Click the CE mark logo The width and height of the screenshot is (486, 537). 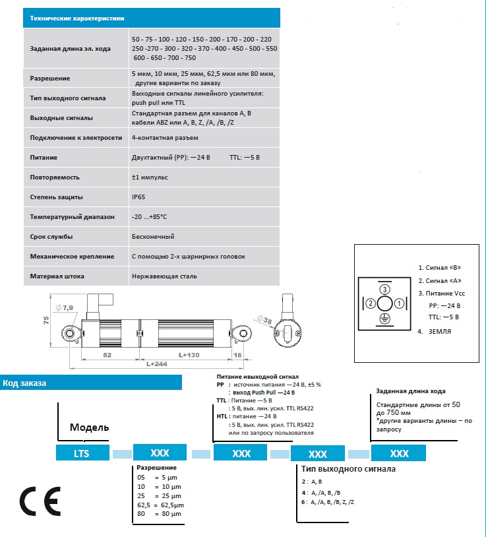tap(40, 501)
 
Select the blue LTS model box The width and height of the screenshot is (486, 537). tap(81, 454)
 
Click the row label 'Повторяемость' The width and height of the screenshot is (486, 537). tap(55, 177)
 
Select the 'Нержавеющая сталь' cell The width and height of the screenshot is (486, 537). tap(164, 276)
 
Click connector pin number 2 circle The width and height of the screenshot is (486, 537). tap(372, 303)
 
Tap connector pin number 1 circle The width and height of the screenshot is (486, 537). tap(400, 303)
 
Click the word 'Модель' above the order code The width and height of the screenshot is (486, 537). tap(89, 427)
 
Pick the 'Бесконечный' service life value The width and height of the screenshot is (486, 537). tap(153, 237)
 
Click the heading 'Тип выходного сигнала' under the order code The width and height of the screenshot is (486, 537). tap(348, 470)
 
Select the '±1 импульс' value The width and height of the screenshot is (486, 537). tap(150, 177)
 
